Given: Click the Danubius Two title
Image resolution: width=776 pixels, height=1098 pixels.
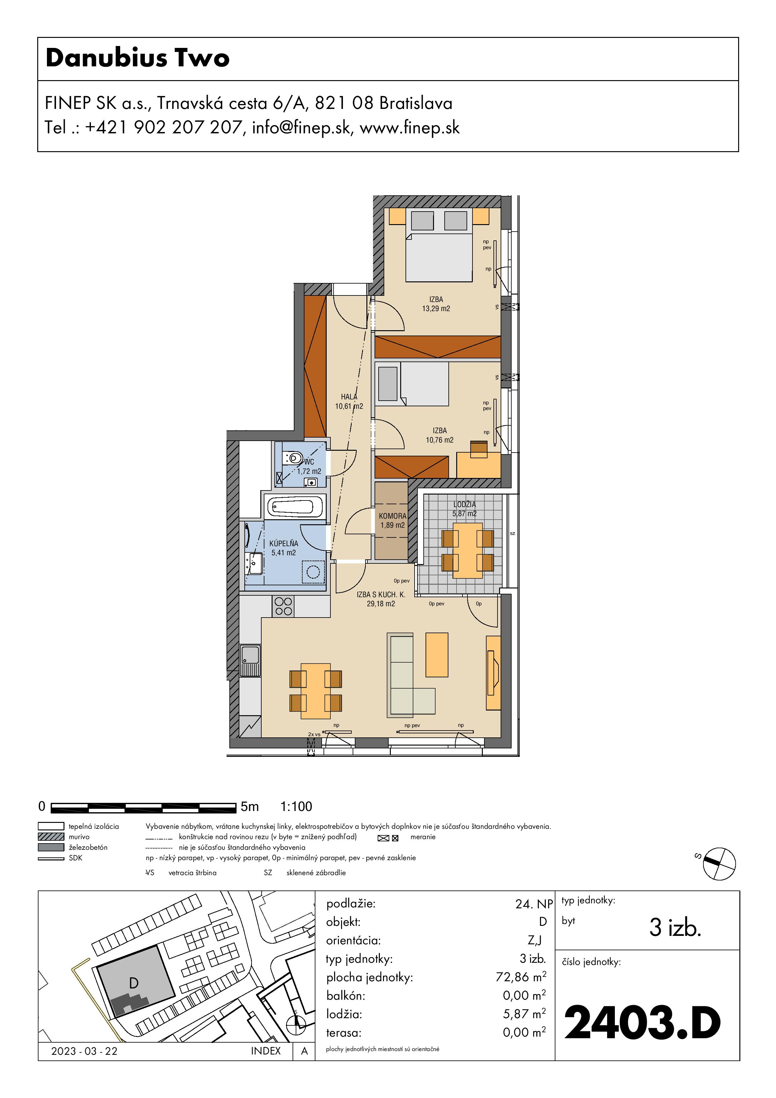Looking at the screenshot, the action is (138, 58).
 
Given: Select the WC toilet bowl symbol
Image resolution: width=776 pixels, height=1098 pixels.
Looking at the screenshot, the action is (292, 458).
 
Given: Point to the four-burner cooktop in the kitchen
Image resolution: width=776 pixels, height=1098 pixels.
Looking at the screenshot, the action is (283, 606).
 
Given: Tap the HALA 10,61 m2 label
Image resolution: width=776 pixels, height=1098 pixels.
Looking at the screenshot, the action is (349, 401).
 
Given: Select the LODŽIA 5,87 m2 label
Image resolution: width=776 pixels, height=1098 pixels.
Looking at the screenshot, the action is (464, 509).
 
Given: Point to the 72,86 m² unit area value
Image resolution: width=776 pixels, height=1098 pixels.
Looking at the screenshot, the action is (521, 977).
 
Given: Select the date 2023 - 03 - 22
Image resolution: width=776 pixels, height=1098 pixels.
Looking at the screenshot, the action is (84, 1051).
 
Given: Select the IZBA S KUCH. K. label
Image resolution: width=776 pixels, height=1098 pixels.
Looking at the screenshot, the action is (380, 594).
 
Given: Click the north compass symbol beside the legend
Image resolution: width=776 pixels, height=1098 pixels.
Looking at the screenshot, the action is (719, 864).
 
